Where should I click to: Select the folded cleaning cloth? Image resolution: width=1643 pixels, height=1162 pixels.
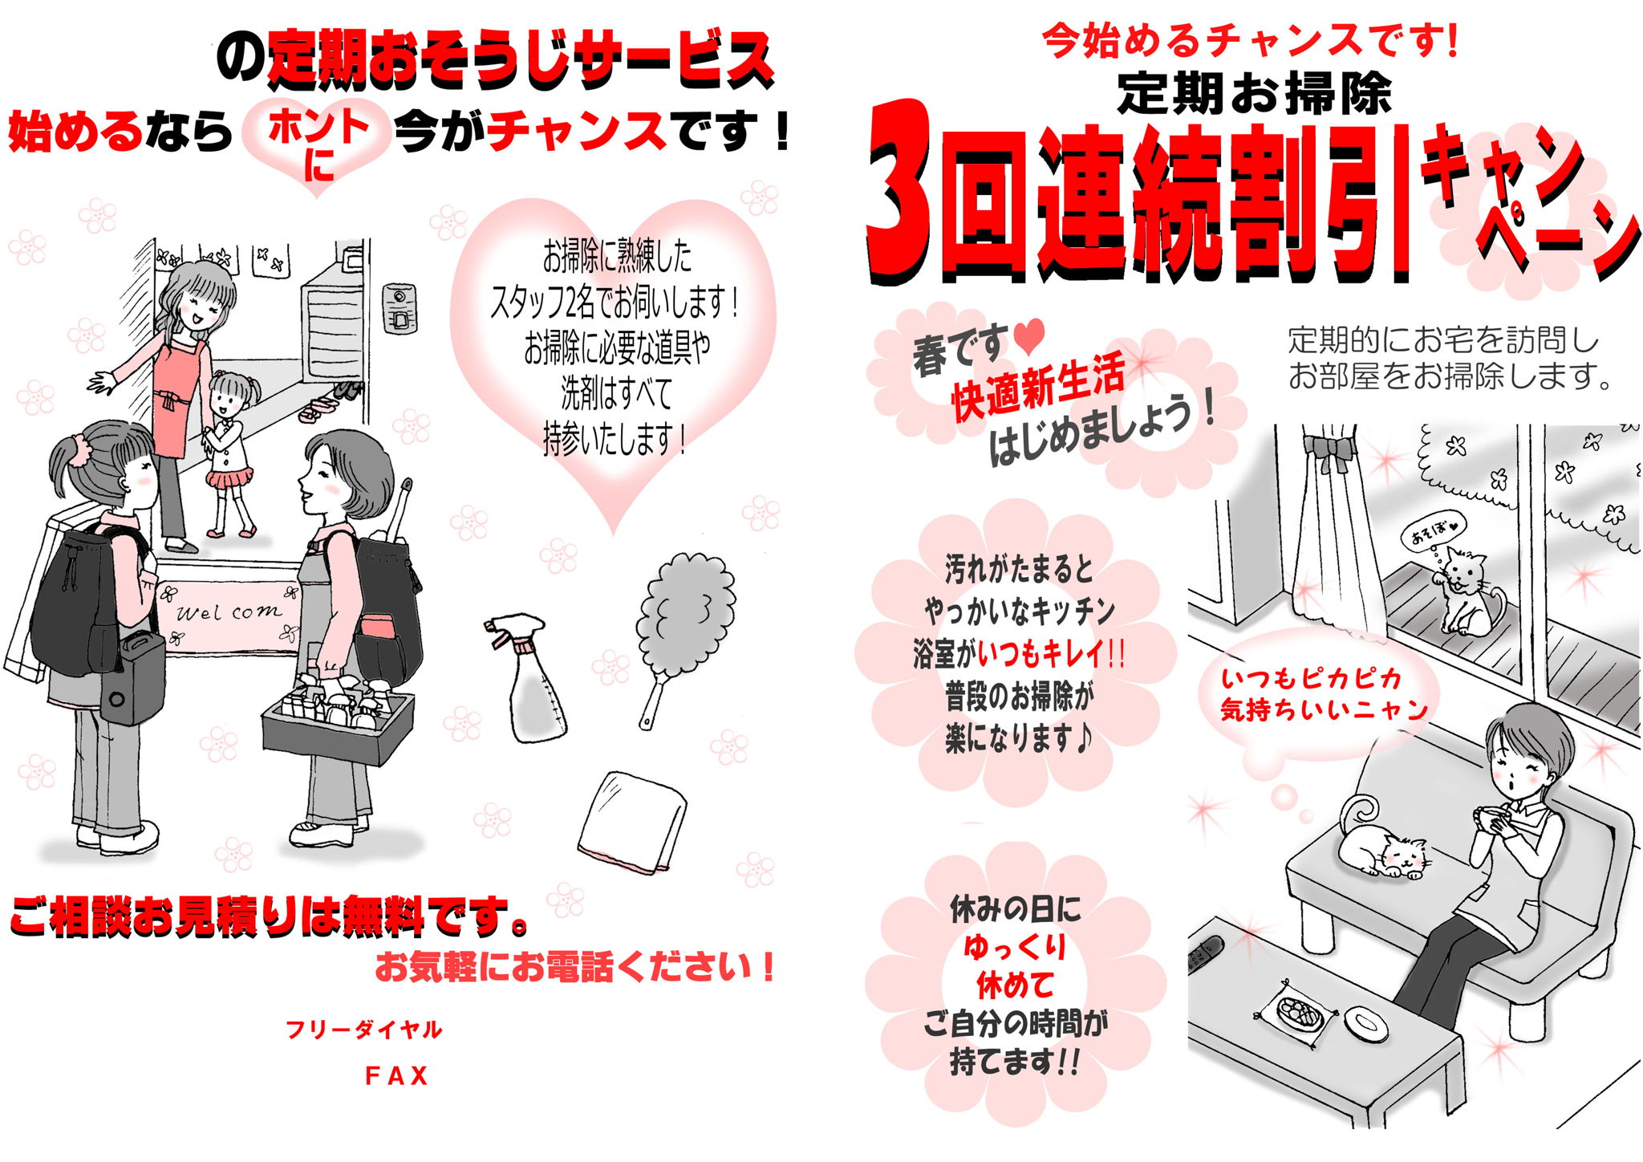[x=632, y=822]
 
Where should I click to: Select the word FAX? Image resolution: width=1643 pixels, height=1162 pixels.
[x=396, y=1076]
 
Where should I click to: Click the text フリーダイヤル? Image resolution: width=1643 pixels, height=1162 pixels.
[x=363, y=1030]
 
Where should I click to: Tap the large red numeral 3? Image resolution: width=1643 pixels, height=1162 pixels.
[x=900, y=191]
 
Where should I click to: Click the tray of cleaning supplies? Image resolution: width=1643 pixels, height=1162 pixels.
[x=339, y=718]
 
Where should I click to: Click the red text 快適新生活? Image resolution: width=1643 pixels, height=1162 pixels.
[x=1038, y=388]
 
